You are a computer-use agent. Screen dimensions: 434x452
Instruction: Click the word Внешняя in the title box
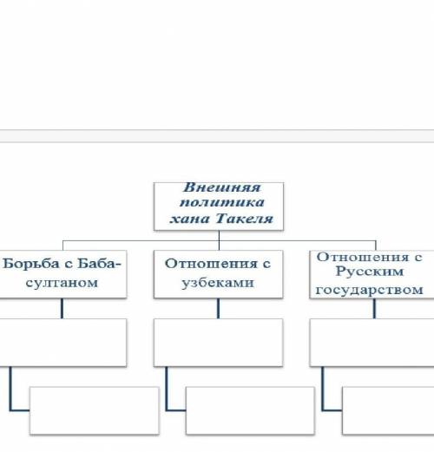tap(222, 187)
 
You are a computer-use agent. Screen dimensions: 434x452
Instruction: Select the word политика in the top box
tap(222, 202)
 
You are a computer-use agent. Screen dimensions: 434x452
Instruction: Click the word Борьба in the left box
tap(30, 264)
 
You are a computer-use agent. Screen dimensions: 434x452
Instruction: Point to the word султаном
tap(62, 283)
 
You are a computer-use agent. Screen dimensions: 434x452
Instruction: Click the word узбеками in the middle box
tap(218, 283)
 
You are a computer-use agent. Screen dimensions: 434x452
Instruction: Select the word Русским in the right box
tap(370, 272)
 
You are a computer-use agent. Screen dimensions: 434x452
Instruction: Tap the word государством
tap(369, 290)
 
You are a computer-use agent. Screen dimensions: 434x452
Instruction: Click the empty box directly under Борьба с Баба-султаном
tap(62, 343)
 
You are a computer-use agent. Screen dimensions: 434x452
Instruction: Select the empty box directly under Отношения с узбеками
tap(219, 343)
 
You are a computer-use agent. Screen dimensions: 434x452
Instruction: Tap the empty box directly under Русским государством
tap(372, 343)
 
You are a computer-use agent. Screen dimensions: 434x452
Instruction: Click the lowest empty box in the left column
tap(95, 410)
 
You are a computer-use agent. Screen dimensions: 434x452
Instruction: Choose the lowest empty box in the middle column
tap(250, 410)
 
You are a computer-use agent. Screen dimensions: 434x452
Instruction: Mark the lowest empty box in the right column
tap(388, 410)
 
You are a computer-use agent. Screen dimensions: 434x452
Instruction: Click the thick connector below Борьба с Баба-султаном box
tap(62, 309)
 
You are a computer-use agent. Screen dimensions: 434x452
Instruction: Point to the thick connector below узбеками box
tap(218, 309)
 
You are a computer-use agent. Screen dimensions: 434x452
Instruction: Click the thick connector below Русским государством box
tap(374, 309)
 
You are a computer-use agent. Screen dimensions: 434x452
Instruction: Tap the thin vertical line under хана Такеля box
tap(219, 240)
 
